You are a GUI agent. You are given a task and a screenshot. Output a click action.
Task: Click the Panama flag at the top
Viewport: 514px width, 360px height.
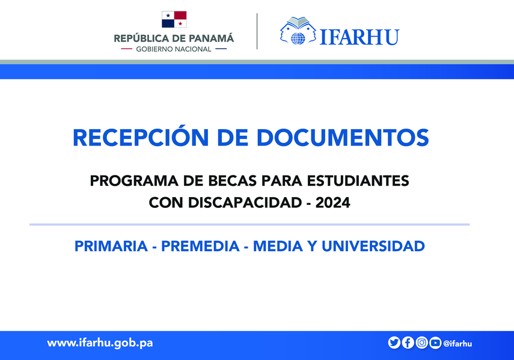point(174,19)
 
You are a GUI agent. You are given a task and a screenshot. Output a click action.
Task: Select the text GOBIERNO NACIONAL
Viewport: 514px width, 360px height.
point(174,49)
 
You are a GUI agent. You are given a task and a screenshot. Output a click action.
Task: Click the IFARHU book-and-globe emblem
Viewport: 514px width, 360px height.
point(298,31)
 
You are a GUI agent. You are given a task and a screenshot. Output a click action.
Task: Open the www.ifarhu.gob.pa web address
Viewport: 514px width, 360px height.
point(100,343)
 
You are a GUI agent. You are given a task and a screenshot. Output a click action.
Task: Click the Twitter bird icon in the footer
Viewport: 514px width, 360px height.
point(394,343)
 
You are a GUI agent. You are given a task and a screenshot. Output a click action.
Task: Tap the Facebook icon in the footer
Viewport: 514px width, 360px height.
point(408,343)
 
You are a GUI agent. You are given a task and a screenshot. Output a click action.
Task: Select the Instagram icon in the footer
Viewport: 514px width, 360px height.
point(422,343)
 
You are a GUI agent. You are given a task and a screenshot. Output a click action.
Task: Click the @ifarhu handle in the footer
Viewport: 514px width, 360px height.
point(457,343)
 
